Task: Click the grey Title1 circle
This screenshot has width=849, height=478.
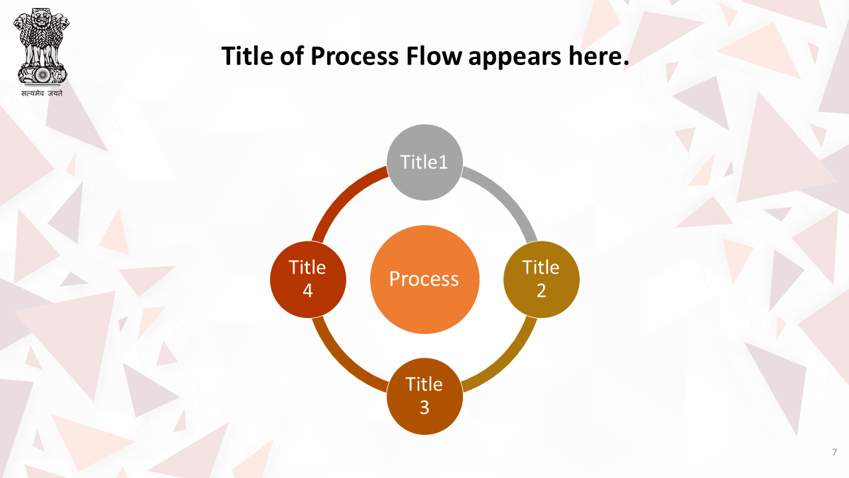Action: (x=424, y=163)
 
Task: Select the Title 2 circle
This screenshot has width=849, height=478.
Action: (x=541, y=279)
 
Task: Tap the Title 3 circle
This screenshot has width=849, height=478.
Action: (x=424, y=396)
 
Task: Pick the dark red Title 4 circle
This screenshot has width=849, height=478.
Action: (x=308, y=279)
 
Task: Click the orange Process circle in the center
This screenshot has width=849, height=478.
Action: (x=424, y=279)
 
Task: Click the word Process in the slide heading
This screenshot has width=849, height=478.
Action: (x=354, y=56)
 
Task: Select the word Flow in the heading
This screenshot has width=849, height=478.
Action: (x=434, y=56)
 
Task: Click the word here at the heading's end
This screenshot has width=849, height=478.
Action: (x=595, y=56)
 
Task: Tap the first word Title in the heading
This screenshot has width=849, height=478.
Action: (x=247, y=56)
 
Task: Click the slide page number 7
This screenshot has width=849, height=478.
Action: (x=834, y=452)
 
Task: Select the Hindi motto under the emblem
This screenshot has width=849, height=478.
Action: (x=42, y=94)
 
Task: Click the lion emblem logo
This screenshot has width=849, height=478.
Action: (x=42, y=46)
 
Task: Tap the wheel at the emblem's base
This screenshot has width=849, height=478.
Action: (x=42, y=75)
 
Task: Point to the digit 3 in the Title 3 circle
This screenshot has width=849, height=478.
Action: (x=424, y=408)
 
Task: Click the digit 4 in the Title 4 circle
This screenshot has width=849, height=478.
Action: (x=308, y=291)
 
